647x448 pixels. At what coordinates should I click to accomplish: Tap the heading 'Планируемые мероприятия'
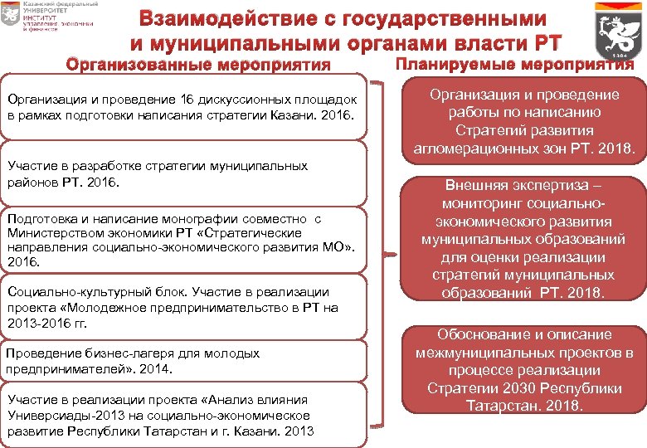pyautogui.click(x=514, y=64)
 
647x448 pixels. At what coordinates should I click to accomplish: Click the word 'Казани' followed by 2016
pyautogui.click(x=301, y=113)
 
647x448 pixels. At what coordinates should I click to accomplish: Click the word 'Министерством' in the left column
pyautogui.click(x=53, y=233)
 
